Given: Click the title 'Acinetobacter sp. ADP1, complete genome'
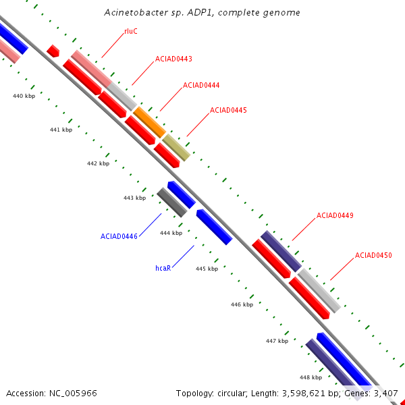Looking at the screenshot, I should tap(202, 13).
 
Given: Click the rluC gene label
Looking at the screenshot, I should tap(131, 31).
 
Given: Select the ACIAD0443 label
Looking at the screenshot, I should tap(173, 59).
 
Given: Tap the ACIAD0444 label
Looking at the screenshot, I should tap(201, 85).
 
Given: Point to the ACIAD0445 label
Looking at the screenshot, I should tap(228, 110).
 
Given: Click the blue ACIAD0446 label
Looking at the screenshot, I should tap(119, 236).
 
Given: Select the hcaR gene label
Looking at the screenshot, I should tap(163, 268).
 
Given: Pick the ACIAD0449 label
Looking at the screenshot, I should tap(335, 215).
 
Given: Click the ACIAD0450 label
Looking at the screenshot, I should tap(373, 255).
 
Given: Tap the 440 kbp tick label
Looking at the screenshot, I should tap(24, 97).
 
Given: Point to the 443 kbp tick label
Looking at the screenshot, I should tap(134, 198).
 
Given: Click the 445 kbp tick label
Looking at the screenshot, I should tap(207, 269).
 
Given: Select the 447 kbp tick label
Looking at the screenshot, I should tap(277, 341).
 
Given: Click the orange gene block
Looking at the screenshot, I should tap(149, 122).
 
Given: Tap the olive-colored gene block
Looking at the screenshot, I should tap(176, 147).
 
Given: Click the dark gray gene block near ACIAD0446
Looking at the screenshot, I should tap(172, 202).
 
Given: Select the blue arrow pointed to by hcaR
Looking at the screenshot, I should tap(214, 227).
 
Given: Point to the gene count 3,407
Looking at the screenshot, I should tap(385, 393).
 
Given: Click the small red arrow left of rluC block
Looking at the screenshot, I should tap(53, 51).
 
